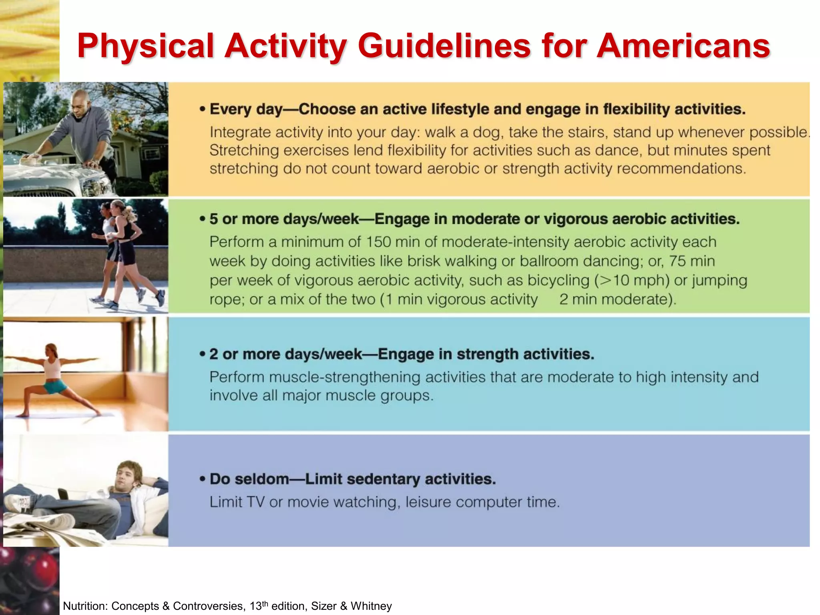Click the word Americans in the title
[x=683, y=46]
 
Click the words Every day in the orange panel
[x=246, y=109]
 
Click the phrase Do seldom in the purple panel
[x=249, y=479]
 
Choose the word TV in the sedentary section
[x=255, y=502]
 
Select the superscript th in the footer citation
[x=265, y=603]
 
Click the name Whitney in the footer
[x=371, y=606]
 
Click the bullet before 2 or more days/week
[x=203, y=354]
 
